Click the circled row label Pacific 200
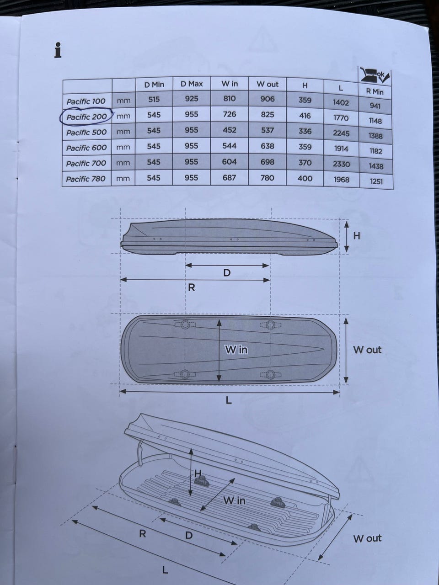pos(86,117)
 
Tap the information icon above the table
pos(58,50)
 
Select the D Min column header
pos(154,85)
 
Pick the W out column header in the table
pos(268,84)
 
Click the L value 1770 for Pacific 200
pos(341,117)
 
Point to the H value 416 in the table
pos(305,116)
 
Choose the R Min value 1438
pos(376,166)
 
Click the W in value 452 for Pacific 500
pos(229,130)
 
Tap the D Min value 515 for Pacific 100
pos(154,100)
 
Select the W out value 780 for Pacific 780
pos(268,178)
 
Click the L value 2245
pos(341,133)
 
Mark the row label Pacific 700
pos(86,163)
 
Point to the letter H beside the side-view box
pos(357,235)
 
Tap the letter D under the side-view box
pos(226,273)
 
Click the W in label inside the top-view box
pos(236,350)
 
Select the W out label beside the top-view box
pos(367,350)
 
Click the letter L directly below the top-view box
pos(229,400)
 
